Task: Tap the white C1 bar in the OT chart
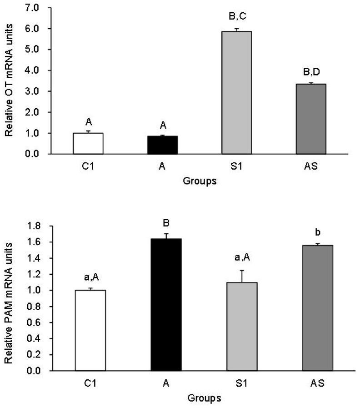(x=88, y=143)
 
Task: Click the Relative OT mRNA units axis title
(x=9, y=81)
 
